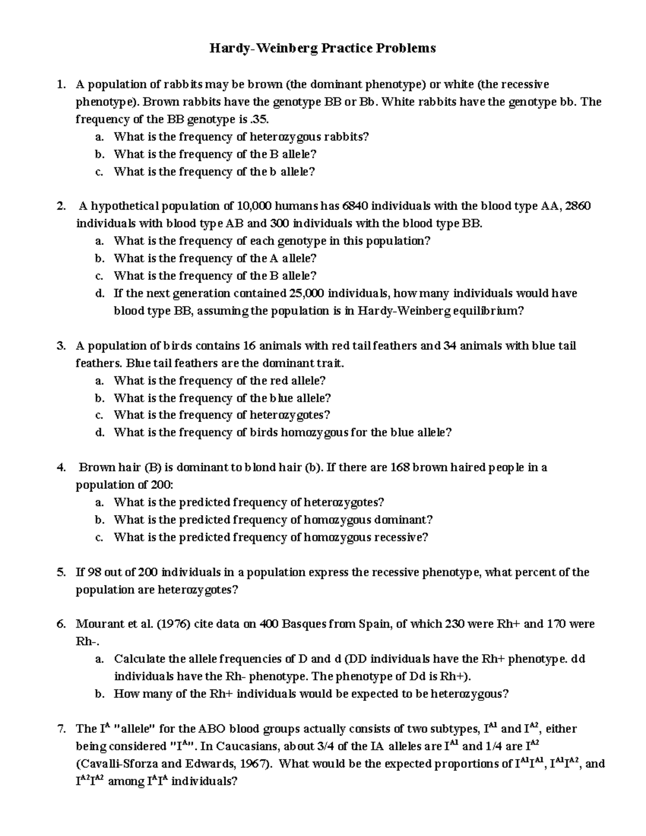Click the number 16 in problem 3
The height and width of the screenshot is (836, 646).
(x=249, y=346)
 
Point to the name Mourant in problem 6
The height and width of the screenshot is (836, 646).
(x=96, y=624)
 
